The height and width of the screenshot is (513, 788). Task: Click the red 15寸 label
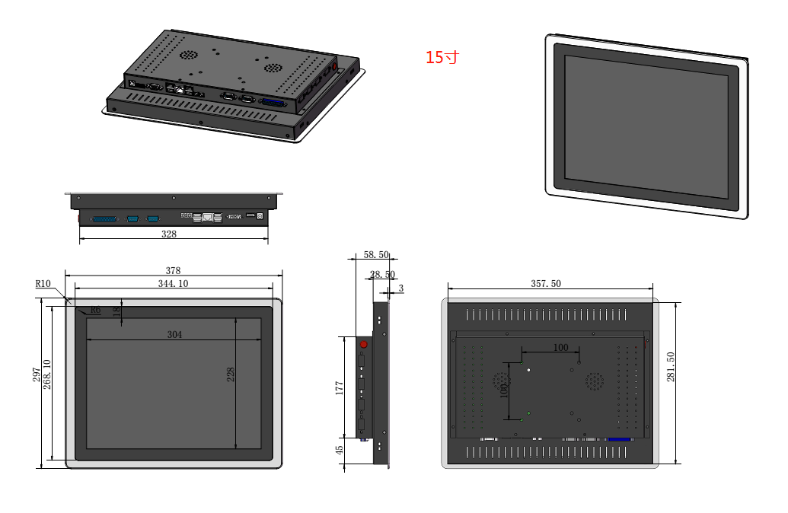(x=442, y=57)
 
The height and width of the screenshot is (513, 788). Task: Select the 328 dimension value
(x=169, y=234)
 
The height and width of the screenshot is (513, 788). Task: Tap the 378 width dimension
(x=174, y=270)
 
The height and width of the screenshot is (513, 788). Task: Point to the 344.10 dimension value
(x=173, y=283)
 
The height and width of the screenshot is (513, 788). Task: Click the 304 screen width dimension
(x=175, y=334)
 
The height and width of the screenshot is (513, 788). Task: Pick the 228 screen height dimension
(x=231, y=374)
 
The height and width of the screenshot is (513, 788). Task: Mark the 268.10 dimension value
(x=47, y=374)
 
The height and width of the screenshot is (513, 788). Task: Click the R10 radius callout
(x=43, y=284)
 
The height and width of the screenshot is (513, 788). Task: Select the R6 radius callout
(x=95, y=310)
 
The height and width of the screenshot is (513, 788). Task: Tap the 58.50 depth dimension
(x=376, y=255)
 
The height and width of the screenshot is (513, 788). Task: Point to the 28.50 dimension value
(x=382, y=274)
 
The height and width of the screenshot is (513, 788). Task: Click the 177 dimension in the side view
(x=340, y=388)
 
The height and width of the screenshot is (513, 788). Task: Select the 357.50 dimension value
(x=546, y=283)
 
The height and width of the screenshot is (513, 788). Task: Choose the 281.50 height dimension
(x=671, y=367)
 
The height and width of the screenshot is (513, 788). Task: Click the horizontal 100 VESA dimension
(x=560, y=347)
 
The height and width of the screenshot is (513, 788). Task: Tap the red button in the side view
(x=363, y=345)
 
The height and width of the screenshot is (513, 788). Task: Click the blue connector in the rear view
(x=619, y=440)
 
